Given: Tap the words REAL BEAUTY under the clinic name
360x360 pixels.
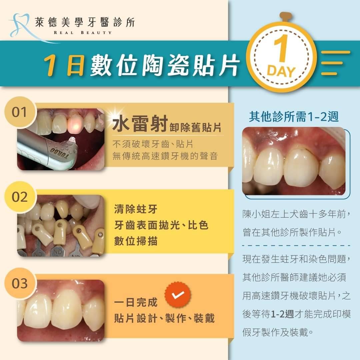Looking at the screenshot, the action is pos(83,33).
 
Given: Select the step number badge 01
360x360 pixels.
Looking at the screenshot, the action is pos(20,112).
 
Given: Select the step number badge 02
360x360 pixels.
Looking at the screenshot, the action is pos(20,197).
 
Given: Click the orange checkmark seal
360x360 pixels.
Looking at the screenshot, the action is pos(178,295).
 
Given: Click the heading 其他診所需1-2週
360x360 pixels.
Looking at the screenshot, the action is pos(294,117).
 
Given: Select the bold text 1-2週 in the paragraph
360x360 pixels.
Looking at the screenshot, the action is pos(282,314).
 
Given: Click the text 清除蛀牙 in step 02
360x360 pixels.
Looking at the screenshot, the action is pos(136,209).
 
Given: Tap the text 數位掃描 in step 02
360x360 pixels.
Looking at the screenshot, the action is pos(136,241).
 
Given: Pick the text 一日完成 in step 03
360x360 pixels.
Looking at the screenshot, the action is pos(136,302).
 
